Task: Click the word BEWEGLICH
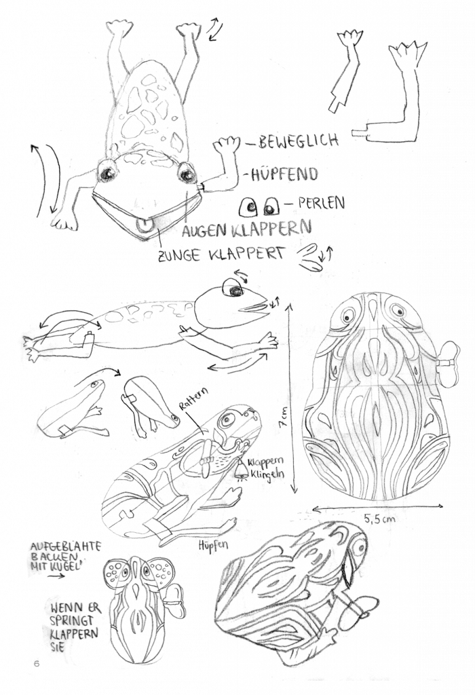[298, 141]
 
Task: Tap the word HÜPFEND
[284, 174]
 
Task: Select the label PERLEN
[321, 202]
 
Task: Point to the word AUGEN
[205, 231]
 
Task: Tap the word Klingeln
[267, 474]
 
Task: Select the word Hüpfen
[213, 545]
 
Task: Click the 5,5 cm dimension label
[380, 518]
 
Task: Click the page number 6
[37, 664]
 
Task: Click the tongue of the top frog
[144, 225]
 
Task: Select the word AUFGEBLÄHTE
[66, 546]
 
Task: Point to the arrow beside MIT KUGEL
[55, 576]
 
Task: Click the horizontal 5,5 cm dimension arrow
[377, 506]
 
